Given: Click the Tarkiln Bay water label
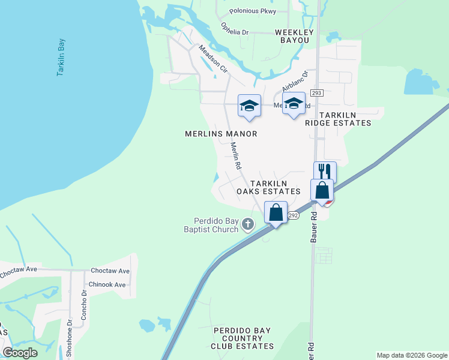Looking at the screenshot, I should point(61,58).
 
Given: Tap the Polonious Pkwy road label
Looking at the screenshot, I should point(253,11).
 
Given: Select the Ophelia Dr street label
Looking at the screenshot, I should point(235,29).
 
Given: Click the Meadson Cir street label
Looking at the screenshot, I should point(214,59).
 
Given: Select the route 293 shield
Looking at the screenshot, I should point(317,93).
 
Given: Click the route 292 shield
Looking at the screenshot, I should point(293,215).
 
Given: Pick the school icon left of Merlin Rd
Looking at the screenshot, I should point(249,106).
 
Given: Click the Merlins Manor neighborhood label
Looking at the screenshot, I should point(221,134).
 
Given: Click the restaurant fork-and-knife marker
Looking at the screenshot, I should point(325,172).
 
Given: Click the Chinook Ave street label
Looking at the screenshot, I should point(107,284).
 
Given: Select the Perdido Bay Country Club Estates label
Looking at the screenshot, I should point(243,338).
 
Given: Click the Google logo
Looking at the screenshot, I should point(20,353).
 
